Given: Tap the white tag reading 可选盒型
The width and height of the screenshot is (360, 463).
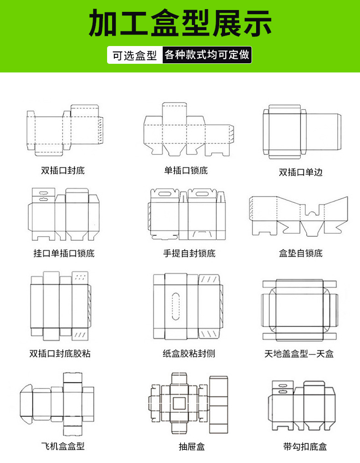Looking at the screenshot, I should [134, 56].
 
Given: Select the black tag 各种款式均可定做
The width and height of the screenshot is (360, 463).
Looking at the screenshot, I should [207, 55].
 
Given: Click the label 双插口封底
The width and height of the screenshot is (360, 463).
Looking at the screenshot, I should [63, 171].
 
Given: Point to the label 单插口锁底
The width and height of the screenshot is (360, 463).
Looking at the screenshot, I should [186, 171].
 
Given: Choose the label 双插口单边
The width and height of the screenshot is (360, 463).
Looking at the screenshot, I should [301, 172].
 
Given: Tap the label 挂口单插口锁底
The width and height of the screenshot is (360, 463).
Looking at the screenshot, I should [64, 253].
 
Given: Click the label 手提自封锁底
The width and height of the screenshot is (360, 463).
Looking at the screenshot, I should [189, 253].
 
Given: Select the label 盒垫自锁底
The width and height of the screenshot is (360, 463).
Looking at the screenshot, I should [301, 253].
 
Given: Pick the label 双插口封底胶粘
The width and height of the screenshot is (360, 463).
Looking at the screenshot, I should [60, 353].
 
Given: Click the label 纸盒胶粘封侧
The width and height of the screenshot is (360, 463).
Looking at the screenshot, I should [189, 353].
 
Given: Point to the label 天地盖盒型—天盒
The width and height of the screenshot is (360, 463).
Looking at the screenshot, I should [299, 353].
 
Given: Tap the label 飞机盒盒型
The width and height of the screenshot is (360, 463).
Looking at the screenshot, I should [63, 446].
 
